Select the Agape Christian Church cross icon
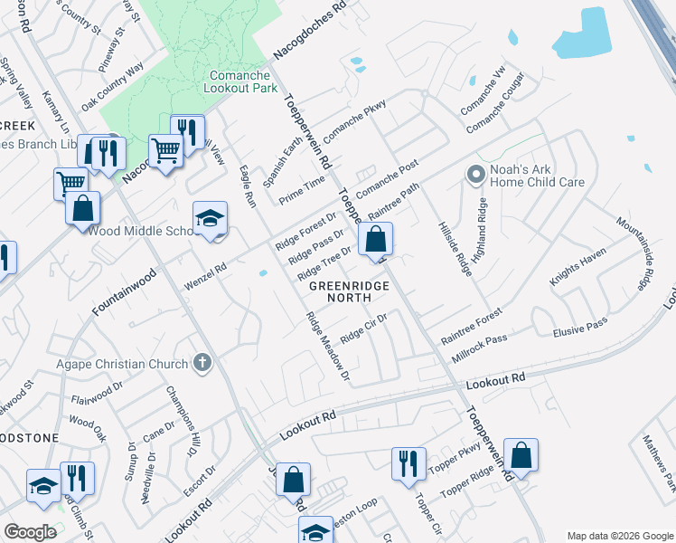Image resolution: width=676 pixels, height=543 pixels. (202, 364)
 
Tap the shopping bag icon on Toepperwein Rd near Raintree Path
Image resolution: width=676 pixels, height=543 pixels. (374, 241)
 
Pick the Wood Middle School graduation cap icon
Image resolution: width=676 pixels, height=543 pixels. (210, 219)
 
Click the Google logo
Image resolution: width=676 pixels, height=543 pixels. (30, 531)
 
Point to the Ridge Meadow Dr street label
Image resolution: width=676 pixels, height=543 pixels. (327, 346)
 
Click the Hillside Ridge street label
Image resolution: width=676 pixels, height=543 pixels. (455, 249)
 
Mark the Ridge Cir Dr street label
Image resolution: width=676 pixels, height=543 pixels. (363, 329)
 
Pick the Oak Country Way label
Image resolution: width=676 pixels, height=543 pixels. (112, 87)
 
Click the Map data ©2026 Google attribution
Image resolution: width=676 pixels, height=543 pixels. (620, 536)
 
